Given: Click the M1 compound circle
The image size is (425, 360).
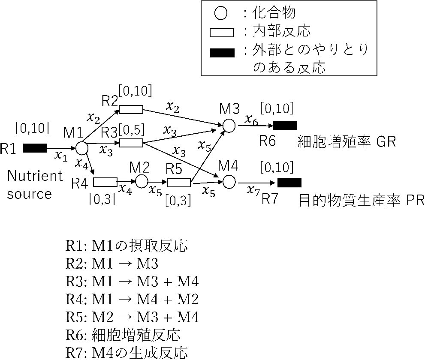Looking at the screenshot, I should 81,148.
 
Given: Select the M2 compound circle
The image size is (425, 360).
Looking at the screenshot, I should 142,182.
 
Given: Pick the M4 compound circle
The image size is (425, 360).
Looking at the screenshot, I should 229,182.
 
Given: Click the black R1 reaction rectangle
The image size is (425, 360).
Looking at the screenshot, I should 35,148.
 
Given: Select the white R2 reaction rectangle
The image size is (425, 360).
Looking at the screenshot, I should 131,109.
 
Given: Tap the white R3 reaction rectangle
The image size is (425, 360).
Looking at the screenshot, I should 131,143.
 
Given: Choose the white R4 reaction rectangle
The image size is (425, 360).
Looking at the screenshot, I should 105,183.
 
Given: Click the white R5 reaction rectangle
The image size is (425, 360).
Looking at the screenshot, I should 178,183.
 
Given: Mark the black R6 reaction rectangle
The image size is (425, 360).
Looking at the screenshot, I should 285,126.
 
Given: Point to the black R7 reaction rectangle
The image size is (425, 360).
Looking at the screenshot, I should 289,183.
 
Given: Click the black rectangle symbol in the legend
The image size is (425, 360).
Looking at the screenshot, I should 222,53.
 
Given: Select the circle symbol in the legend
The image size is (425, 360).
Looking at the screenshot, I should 220,14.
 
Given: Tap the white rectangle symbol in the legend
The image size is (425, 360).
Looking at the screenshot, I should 222,33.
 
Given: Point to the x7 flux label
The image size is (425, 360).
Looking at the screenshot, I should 253,191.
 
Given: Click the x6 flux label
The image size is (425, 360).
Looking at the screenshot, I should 251,120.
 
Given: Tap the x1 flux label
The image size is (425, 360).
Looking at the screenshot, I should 61,156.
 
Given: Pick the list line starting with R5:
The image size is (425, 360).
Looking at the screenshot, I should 132,318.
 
